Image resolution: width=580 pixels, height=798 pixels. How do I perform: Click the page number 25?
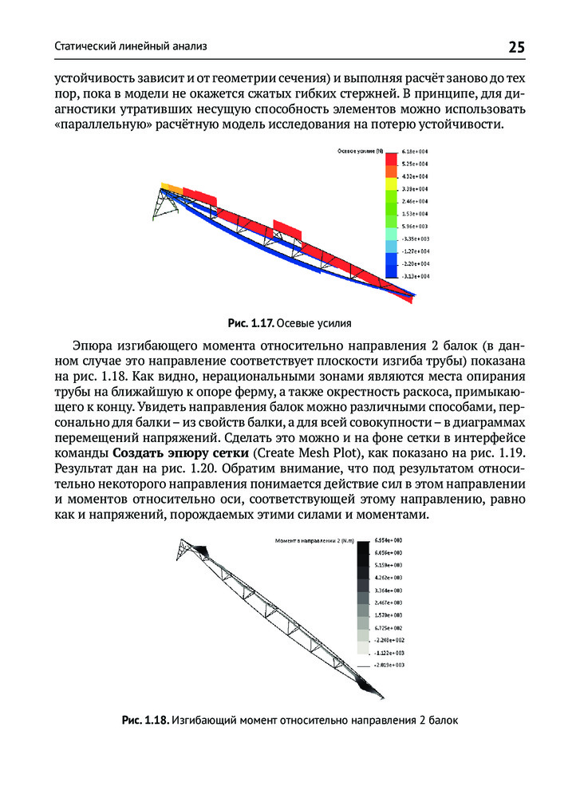click(516, 47)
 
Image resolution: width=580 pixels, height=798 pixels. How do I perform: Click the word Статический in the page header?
click(82, 47)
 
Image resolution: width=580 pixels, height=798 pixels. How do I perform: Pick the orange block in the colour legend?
click(391, 172)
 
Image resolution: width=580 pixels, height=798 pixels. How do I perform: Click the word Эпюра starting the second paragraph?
click(94, 346)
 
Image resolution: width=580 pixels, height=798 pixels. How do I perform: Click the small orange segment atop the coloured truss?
click(170, 187)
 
